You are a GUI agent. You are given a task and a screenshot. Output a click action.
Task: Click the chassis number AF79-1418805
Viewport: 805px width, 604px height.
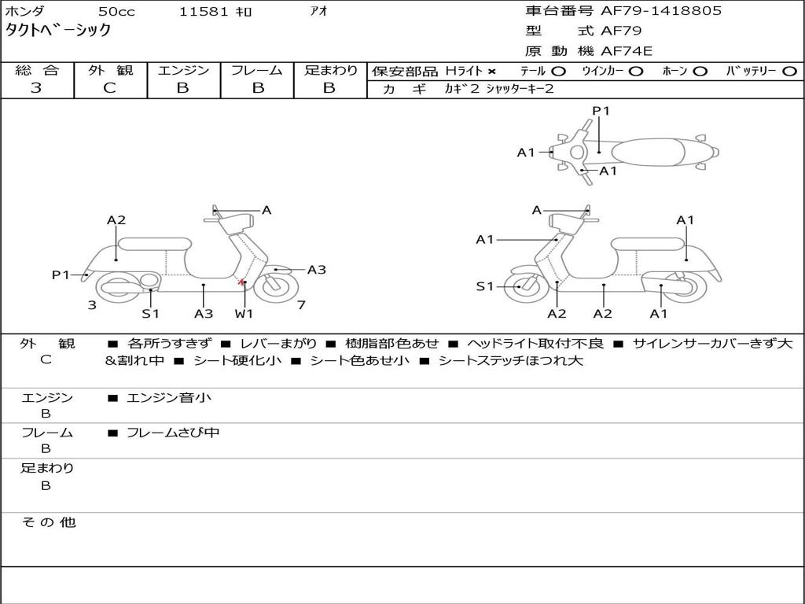coord(660,11)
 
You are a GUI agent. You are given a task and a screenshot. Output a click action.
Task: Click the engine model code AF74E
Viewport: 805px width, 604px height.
coord(627,51)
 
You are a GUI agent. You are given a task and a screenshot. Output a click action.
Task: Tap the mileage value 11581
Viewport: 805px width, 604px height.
coord(204,11)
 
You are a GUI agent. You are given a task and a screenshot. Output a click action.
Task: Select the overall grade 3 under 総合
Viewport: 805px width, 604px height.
coord(36,88)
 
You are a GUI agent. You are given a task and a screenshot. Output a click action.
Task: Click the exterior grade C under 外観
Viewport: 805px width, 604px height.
coord(109,88)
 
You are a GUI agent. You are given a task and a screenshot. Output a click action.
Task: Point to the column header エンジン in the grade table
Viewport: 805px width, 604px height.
coord(183,70)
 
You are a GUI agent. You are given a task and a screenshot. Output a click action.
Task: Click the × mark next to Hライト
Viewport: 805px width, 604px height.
coord(492,72)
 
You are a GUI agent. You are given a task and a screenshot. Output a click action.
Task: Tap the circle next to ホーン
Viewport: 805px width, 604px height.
coord(699,72)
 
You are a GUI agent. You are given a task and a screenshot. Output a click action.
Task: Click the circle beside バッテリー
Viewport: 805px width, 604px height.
coord(789,72)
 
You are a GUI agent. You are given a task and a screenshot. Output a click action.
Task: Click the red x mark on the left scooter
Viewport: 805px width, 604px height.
coord(241,281)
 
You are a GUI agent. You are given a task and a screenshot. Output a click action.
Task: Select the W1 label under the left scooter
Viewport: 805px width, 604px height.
coord(244,313)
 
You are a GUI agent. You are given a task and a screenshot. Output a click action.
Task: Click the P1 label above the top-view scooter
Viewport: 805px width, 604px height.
coord(601,111)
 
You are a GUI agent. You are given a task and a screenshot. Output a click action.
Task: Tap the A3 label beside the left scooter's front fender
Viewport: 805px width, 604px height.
coord(316,270)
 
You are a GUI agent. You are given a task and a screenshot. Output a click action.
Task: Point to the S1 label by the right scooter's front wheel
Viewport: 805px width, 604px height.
coord(484,286)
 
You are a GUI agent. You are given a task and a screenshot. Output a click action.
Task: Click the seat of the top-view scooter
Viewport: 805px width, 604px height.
coord(648,153)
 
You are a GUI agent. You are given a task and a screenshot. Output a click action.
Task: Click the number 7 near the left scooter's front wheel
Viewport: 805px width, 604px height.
coord(301,305)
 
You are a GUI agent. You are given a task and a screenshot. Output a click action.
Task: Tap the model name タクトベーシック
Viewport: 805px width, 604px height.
coord(57,31)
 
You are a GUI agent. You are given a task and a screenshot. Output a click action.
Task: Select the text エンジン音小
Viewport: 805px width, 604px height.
coord(168,397)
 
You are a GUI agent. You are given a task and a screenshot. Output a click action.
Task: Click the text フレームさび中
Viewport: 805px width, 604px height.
coord(173,433)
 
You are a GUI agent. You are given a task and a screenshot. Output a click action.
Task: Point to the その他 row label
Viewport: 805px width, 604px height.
coord(48,522)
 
